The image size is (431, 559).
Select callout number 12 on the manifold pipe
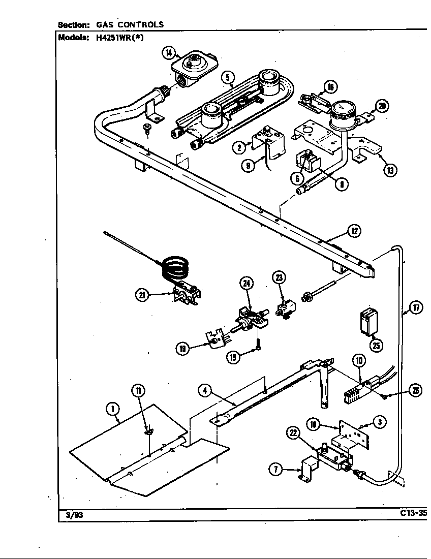[354, 231]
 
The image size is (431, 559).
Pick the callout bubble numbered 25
[376, 346]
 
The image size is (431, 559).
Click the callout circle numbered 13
[390, 170]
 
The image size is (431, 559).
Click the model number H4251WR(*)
[120, 37]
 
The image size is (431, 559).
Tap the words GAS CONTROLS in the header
[130, 24]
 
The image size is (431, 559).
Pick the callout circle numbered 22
[293, 433]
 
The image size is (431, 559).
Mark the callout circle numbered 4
[205, 391]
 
